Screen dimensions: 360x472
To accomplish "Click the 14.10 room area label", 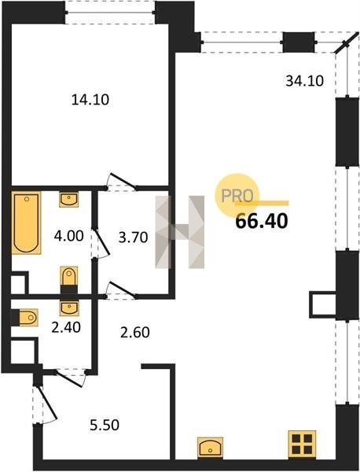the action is coord(90,100).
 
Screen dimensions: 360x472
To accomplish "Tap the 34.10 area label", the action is coord(304,81).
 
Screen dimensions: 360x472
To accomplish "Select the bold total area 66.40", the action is coord(262,221).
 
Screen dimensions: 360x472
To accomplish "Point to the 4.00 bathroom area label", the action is coord(69,236).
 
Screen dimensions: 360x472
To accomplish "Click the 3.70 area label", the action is coord(134,238).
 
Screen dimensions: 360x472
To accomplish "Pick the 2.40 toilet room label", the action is coord(66,327).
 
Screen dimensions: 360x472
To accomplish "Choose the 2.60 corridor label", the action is coord(135,332).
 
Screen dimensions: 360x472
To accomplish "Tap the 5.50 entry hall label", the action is coord(105,425).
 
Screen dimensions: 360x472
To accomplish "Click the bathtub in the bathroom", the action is coord(26,223).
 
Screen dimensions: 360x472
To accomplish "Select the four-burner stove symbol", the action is coord(303,444).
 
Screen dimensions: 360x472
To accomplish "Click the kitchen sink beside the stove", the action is coord(210,448).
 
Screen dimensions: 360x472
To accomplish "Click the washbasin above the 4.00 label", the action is coord(69,199).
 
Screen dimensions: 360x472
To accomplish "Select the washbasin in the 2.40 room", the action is coord(69,308).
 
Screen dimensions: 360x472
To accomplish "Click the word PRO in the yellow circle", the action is coord(237,196).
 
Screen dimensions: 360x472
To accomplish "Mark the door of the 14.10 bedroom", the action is coord(122,183).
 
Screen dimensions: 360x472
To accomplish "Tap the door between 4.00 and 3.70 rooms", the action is coord(101,243).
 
